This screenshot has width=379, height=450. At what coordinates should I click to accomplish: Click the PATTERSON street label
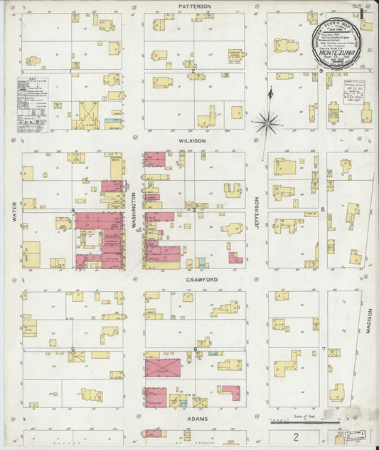(x=195, y=6)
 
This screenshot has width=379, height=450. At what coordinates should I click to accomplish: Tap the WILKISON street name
(x=192, y=141)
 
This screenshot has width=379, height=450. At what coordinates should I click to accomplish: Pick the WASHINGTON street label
(x=133, y=211)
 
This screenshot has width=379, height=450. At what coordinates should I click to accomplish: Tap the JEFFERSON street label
(x=257, y=211)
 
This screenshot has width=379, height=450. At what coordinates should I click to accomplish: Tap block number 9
(x=321, y=71)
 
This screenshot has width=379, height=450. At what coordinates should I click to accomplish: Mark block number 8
(x=322, y=210)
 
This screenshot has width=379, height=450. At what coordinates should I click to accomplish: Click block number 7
(x=323, y=350)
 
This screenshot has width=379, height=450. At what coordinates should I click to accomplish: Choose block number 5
(x=73, y=350)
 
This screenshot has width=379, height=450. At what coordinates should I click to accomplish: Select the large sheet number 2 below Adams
(x=293, y=436)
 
